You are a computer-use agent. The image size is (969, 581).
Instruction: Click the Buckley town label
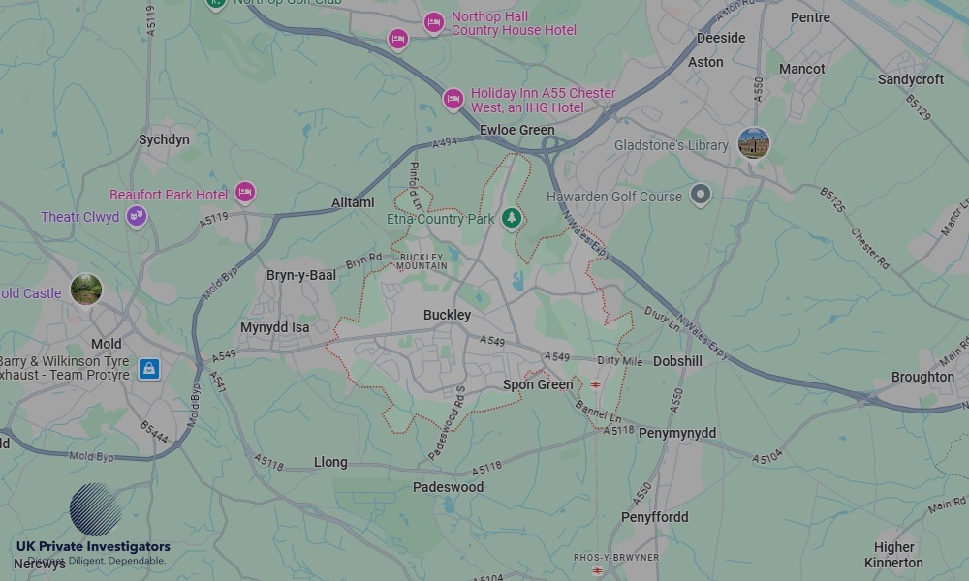447,315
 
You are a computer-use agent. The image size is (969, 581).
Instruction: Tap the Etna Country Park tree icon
512,219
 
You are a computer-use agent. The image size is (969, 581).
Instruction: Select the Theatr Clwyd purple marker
137,216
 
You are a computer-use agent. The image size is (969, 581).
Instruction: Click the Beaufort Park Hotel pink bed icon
245,193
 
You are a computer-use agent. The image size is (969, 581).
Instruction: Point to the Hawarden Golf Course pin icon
700,195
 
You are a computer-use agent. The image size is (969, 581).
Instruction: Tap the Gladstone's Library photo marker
753,143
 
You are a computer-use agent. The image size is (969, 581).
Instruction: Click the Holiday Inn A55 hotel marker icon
453,99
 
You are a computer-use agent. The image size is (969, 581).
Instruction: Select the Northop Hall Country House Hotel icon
433,21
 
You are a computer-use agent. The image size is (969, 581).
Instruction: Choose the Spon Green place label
538,384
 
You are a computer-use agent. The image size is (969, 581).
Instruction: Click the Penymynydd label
677,432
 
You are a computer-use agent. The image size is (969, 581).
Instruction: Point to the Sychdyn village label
164,139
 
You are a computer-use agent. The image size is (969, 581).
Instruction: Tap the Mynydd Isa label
275,327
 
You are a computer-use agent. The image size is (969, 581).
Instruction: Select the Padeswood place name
448,487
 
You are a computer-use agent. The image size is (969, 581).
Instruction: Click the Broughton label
922,377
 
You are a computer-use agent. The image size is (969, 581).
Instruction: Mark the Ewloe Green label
517,130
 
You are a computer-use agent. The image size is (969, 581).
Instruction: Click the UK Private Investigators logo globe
95,509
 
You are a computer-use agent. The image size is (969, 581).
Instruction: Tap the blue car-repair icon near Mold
148,369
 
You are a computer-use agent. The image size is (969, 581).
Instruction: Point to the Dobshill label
677,361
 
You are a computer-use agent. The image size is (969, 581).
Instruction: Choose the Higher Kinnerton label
893,555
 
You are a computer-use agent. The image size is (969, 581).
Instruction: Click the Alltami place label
353,202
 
